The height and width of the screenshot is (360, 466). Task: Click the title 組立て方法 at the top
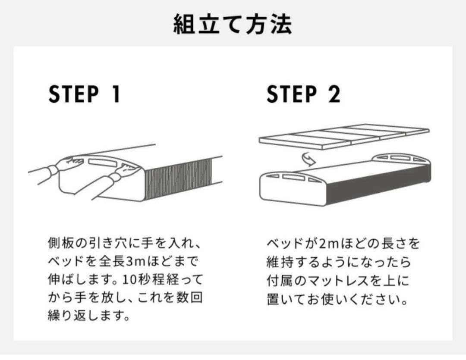pyautogui.click(x=233, y=24)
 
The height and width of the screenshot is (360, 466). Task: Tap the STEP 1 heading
pyautogui.click(x=85, y=94)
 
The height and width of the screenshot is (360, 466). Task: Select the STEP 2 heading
pyautogui.click(x=303, y=94)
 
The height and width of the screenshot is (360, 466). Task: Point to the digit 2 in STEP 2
pyautogui.click(x=334, y=94)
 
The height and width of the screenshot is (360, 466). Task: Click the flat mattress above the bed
pyautogui.click(x=343, y=135)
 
